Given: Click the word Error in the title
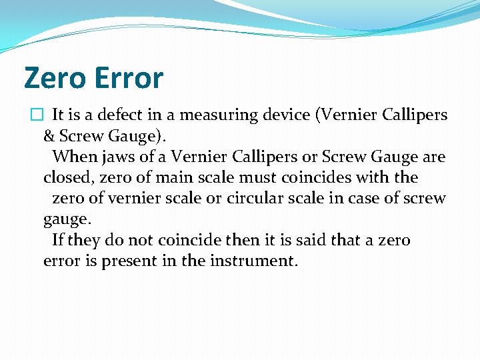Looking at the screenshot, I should (129, 79).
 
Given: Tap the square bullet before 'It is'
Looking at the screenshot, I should (36, 115).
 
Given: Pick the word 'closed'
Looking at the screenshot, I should (65, 178).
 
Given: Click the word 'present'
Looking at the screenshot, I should (129, 261).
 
